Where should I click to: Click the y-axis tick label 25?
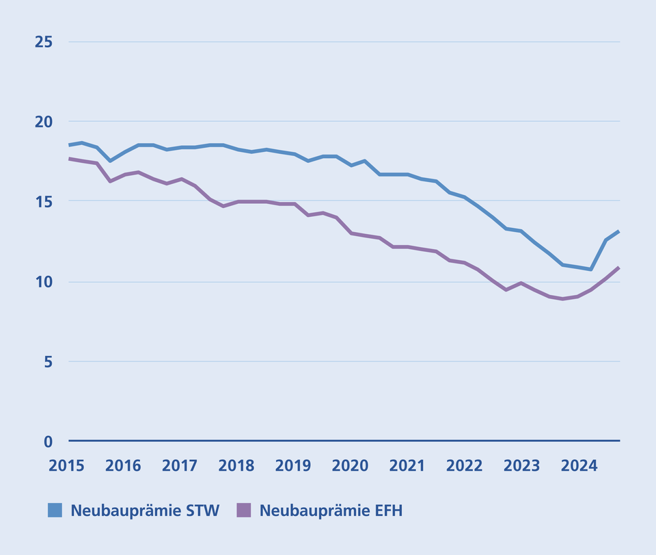(x=44, y=42)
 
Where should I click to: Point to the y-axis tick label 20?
(x=44, y=121)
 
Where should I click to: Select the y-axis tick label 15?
(x=44, y=201)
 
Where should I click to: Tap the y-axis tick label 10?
(x=44, y=281)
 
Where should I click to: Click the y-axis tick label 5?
(x=48, y=361)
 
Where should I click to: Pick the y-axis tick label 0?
(x=48, y=441)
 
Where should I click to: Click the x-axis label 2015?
(x=66, y=466)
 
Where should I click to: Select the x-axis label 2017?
(x=180, y=466)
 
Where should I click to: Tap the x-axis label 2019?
(x=294, y=466)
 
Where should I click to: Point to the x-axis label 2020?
(x=351, y=466)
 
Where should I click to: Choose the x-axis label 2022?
(x=464, y=466)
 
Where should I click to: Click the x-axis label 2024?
(x=578, y=466)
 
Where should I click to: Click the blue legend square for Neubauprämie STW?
(x=55, y=511)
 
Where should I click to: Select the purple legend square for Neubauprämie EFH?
(x=244, y=511)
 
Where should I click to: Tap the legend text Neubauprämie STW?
(x=145, y=511)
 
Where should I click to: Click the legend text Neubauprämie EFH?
(x=331, y=511)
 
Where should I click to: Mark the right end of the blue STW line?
(x=619, y=231)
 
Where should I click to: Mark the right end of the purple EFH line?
(x=619, y=267)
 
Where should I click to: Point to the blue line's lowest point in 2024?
(x=591, y=269)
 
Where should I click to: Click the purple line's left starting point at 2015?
(x=70, y=159)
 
